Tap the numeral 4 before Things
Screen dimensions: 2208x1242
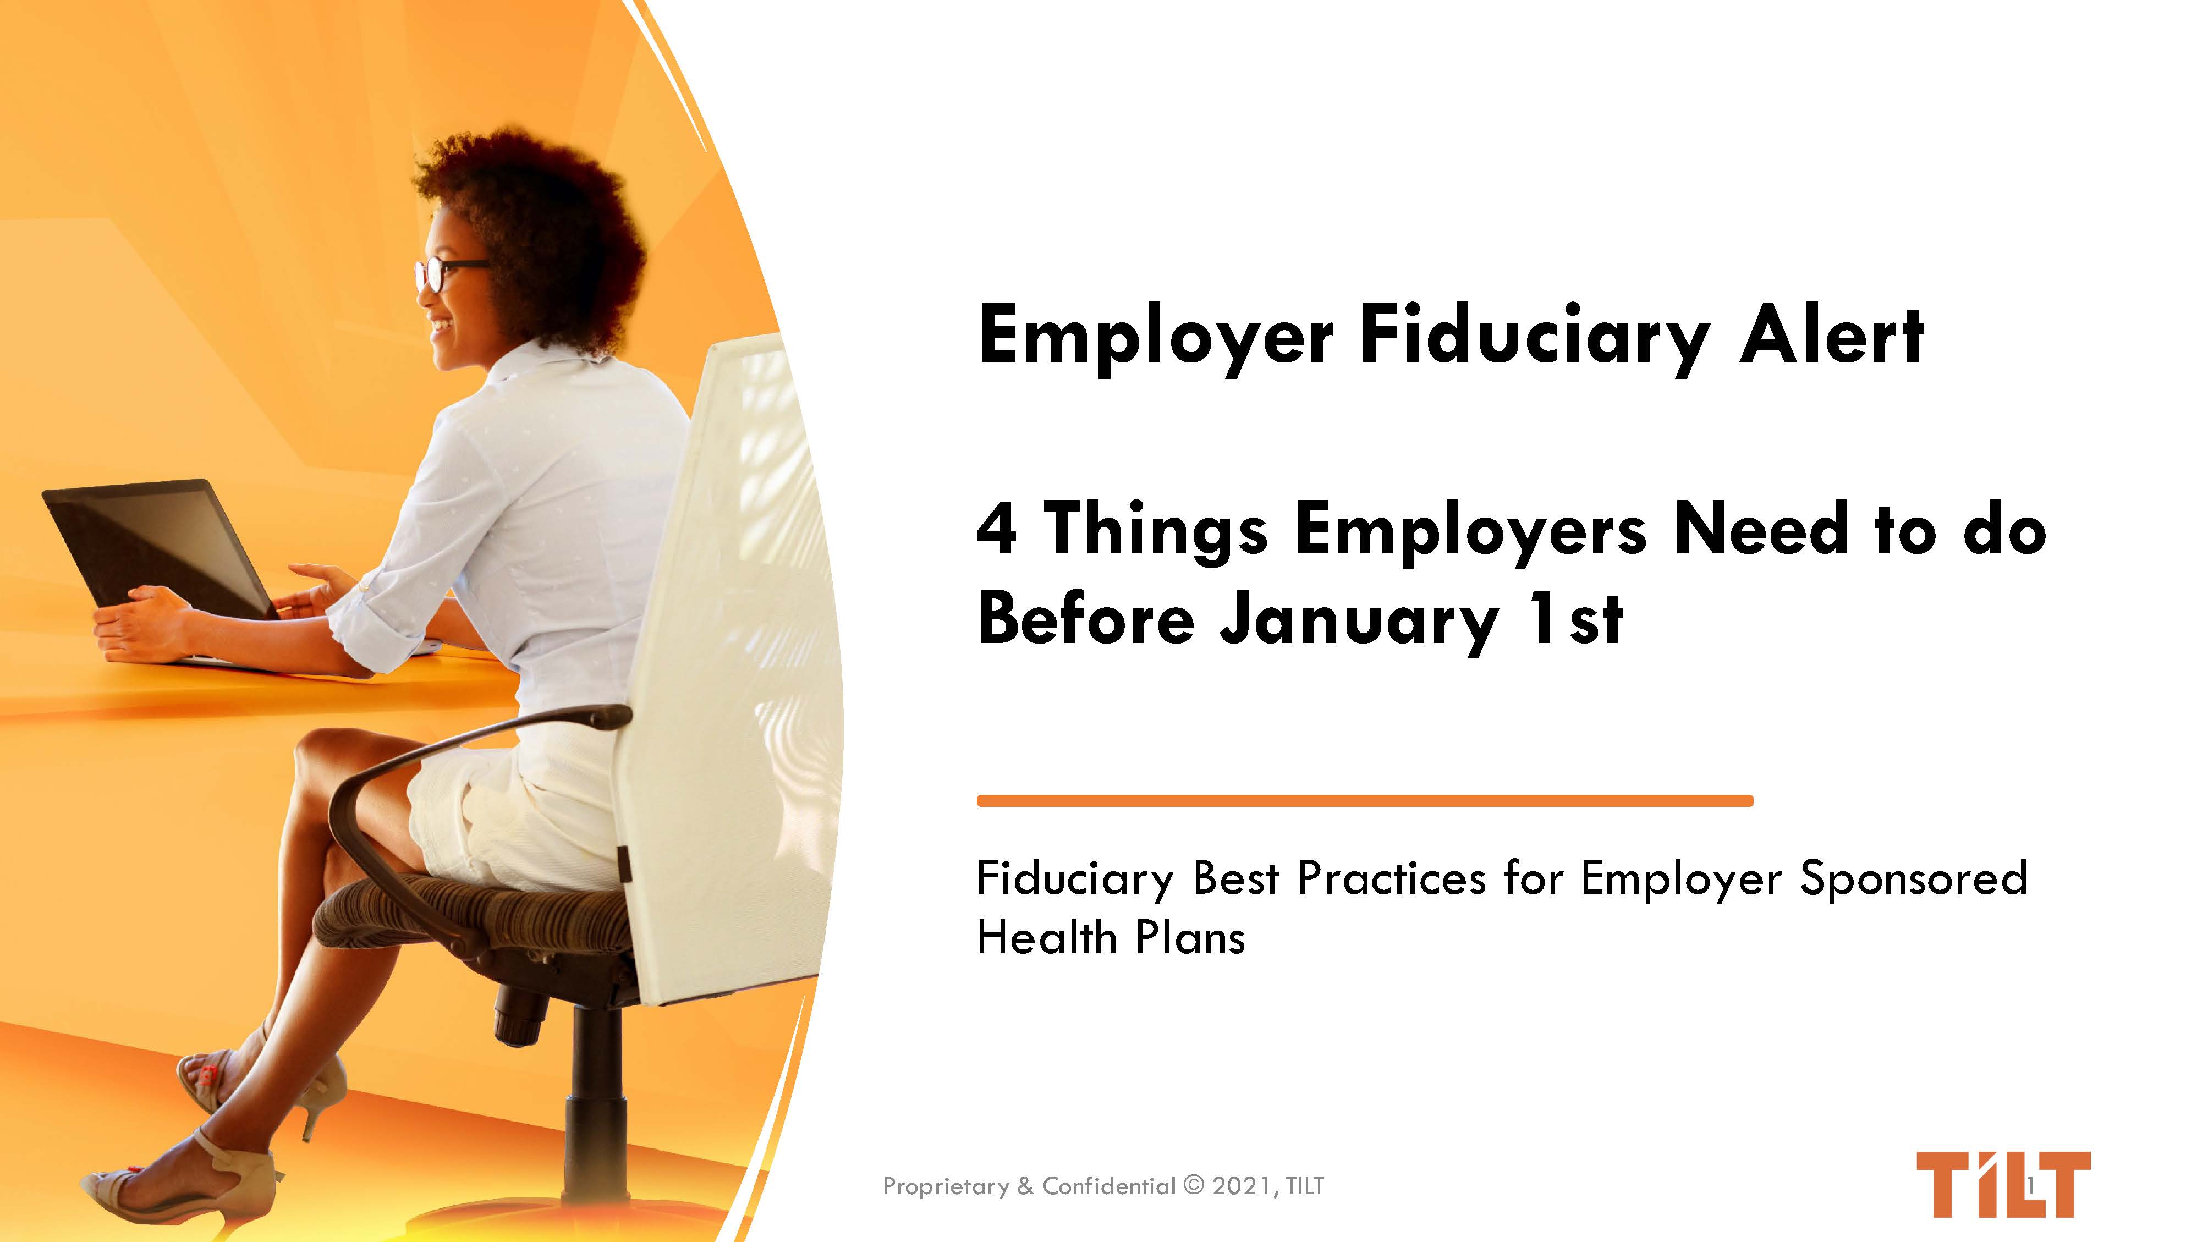(997, 529)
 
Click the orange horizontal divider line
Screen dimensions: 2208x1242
(1365, 800)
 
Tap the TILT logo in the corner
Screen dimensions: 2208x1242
(2002, 1185)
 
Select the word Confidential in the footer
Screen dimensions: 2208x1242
(1108, 1186)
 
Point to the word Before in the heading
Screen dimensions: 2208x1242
(1086, 619)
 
